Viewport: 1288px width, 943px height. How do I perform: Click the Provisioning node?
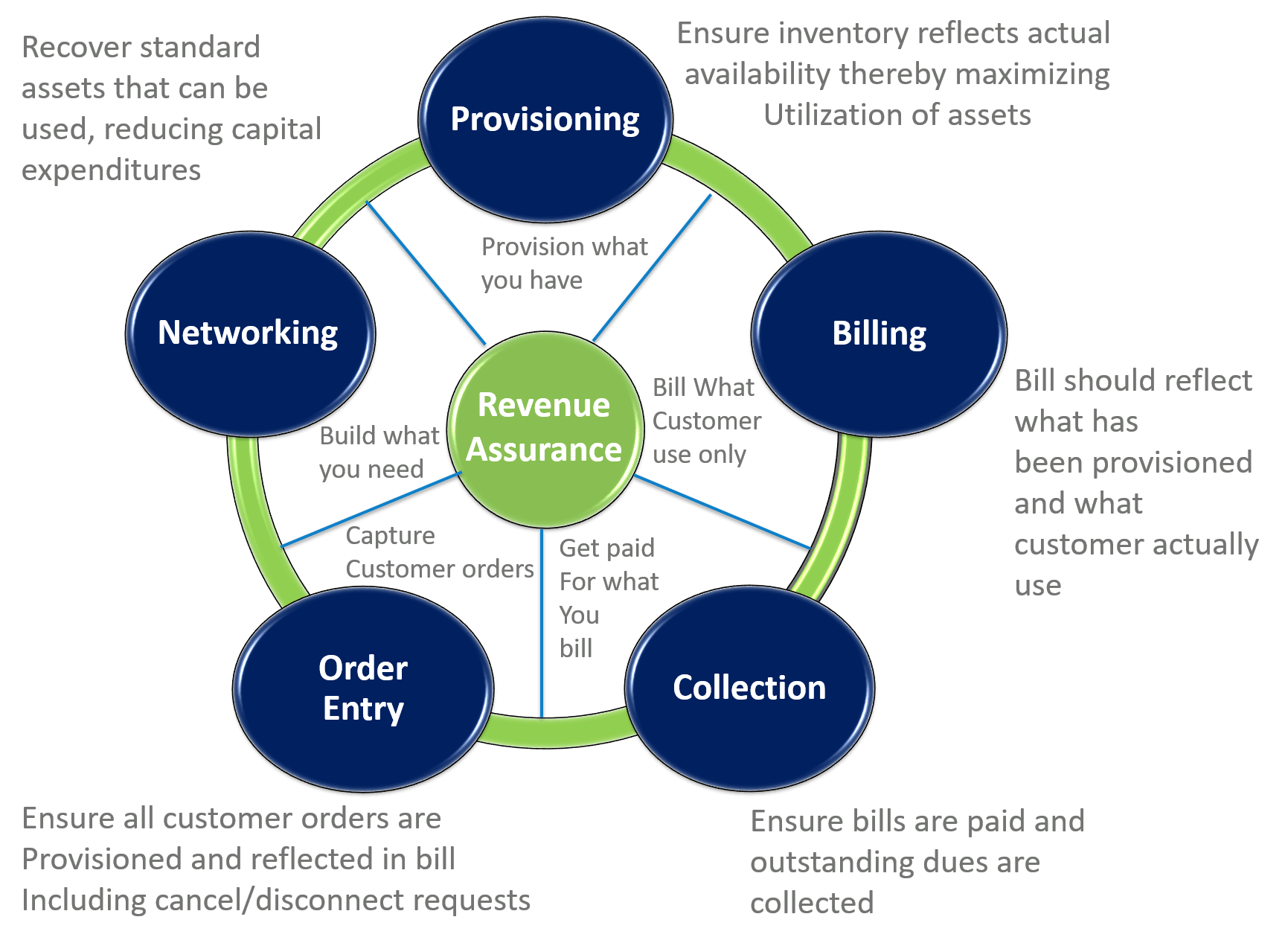coord(545,119)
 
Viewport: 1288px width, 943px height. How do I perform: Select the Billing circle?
coord(879,333)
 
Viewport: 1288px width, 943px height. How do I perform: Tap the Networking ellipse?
coord(249,333)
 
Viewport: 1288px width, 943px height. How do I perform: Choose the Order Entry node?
coord(363,688)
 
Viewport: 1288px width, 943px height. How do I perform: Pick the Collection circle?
coord(749,688)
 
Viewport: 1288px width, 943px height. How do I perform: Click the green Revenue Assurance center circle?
coord(545,428)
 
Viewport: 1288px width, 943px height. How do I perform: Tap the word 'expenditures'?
coord(112,170)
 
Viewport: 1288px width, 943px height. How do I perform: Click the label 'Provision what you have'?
coord(563,263)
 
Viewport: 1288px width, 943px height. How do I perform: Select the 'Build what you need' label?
coord(379,453)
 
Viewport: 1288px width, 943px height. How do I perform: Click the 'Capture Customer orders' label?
coord(439,552)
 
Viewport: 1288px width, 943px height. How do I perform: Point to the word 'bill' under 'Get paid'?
coord(576,648)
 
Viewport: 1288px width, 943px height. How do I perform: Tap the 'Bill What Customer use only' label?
coord(705,421)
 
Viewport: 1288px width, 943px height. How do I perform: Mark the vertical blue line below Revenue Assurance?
coord(542,625)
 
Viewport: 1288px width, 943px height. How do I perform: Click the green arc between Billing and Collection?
coord(841,514)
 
